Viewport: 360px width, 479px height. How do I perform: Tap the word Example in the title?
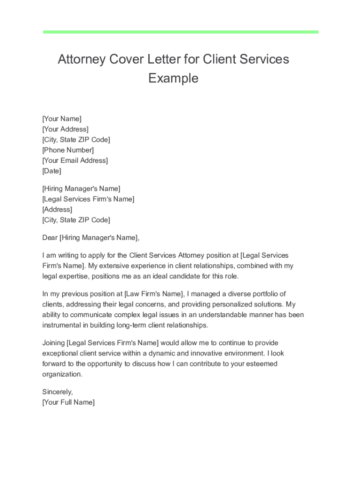[173, 78]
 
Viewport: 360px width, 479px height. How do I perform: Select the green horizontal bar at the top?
[180, 32]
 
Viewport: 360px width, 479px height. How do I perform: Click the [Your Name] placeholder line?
[62, 119]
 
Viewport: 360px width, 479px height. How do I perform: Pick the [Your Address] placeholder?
[65, 129]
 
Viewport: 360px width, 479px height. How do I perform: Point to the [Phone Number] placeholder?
[68, 150]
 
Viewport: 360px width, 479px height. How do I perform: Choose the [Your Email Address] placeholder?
[75, 160]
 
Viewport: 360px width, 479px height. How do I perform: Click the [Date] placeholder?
[51, 171]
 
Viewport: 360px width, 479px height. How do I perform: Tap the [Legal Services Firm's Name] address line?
[88, 199]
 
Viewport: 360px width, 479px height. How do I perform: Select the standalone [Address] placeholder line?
[57, 210]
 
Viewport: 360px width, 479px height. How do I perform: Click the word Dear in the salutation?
[50, 238]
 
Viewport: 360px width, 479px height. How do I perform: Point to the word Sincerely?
[58, 392]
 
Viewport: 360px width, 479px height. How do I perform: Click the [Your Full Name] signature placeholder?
[68, 402]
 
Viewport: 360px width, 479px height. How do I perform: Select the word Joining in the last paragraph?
[54, 343]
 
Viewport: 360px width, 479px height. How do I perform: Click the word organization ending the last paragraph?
[62, 374]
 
